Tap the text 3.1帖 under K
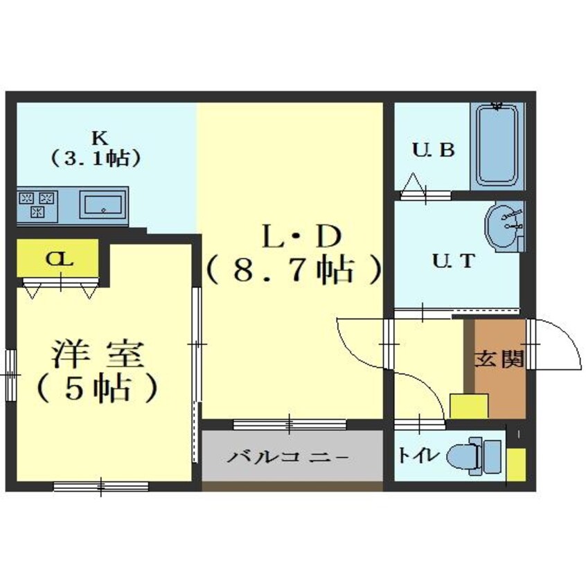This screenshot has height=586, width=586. pyautogui.click(x=96, y=157)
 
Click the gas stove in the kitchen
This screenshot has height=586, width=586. pyautogui.click(x=36, y=204)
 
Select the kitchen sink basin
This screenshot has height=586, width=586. pyautogui.click(x=102, y=204)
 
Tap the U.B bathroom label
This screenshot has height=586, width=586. pyautogui.click(x=434, y=150)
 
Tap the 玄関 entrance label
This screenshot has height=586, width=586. pyautogui.click(x=499, y=359)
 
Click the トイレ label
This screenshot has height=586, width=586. pyautogui.click(x=418, y=455)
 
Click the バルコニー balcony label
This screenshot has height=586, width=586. pyautogui.click(x=292, y=459)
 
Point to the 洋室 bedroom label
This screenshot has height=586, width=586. pyautogui.click(x=98, y=355)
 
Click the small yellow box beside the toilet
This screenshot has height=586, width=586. pyautogui.click(x=516, y=465)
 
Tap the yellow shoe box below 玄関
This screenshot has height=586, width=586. pyautogui.click(x=469, y=406)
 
